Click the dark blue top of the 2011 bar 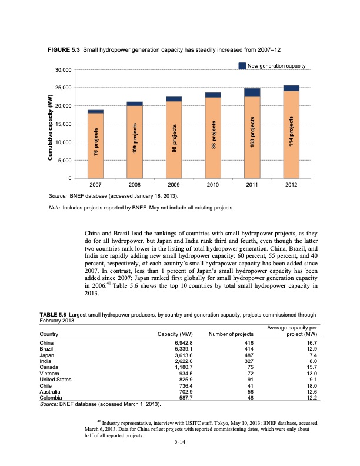[252, 92]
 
